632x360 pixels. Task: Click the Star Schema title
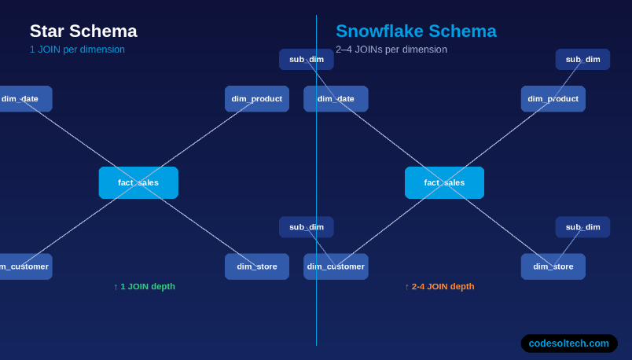pyautogui.click(x=83, y=31)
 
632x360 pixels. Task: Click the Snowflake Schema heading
pyautogui.click(x=416, y=31)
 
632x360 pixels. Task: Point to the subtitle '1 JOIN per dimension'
pyautogui.click(x=77, y=50)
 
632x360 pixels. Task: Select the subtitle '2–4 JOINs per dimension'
pyautogui.click(x=391, y=50)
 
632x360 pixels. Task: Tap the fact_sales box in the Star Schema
pyautogui.click(x=138, y=182)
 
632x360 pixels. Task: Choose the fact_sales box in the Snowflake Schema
pyautogui.click(x=444, y=182)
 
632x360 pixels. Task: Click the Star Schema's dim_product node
pyautogui.click(x=257, y=99)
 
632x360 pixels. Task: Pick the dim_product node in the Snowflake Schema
pyautogui.click(x=553, y=99)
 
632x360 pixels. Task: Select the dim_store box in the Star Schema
pyautogui.click(x=257, y=266)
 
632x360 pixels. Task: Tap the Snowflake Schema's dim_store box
pyautogui.click(x=553, y=266)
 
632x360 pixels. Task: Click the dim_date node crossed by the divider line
pyautogui.click(x=336, y=99)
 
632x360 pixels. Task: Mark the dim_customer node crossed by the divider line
pyautogui.click(x=336, y=266)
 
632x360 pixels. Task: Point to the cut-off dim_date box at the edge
pyautogui.click(x=24, y=99)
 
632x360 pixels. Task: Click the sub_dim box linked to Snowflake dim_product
pyautogui.click(x=582, y=60)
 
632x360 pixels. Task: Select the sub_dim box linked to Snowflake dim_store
pyautogui.click(x=582, y=227)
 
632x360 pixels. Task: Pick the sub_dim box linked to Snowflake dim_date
pyautogui.click(x=307, y=60)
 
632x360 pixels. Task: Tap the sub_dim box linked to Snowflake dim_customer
pyautogui.click(x=307, y=227)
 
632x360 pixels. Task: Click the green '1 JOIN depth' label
pyautogui.click(x=145, y=287)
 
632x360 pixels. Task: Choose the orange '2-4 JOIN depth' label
pyautogui.click(x=439, y=287)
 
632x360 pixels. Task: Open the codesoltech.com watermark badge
pyautogui.click(x=568, y=343)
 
